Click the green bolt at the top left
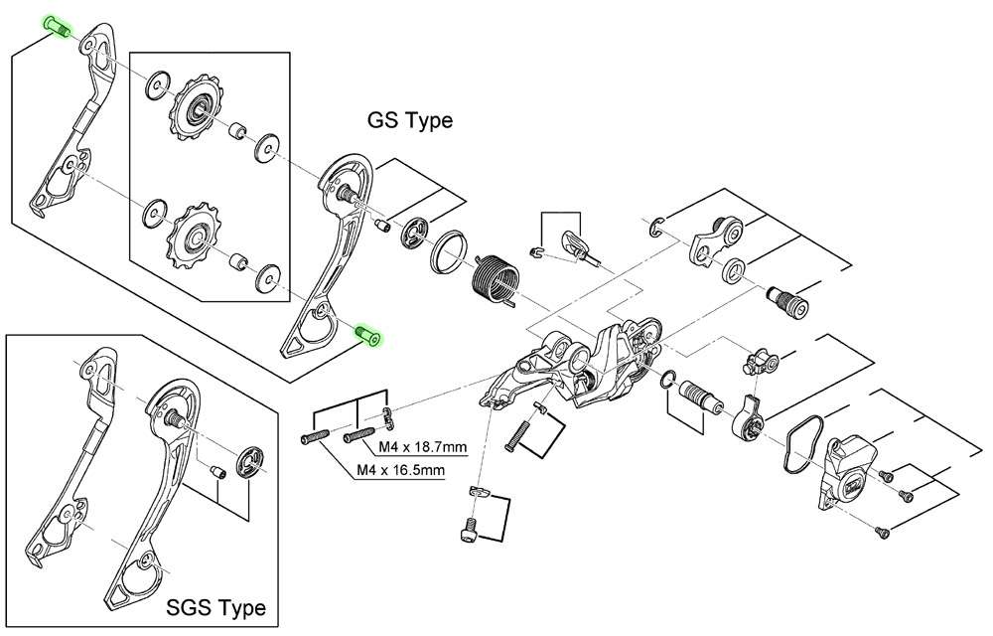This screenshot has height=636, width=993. click(58, 28)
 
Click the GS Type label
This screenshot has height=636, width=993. click(410, 121)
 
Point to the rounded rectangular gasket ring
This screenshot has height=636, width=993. click(796, 440)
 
